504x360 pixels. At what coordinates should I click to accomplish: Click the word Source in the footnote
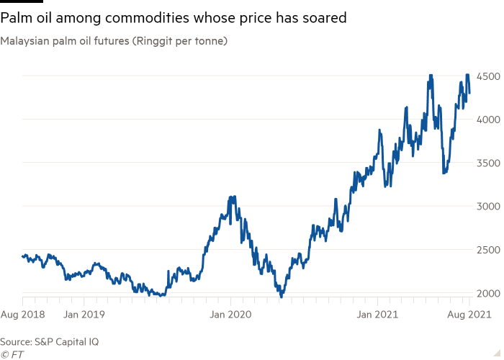(15, 341)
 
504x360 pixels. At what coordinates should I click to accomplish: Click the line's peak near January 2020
(231, 196)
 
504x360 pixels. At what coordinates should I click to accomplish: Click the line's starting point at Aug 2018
(22, 254)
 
